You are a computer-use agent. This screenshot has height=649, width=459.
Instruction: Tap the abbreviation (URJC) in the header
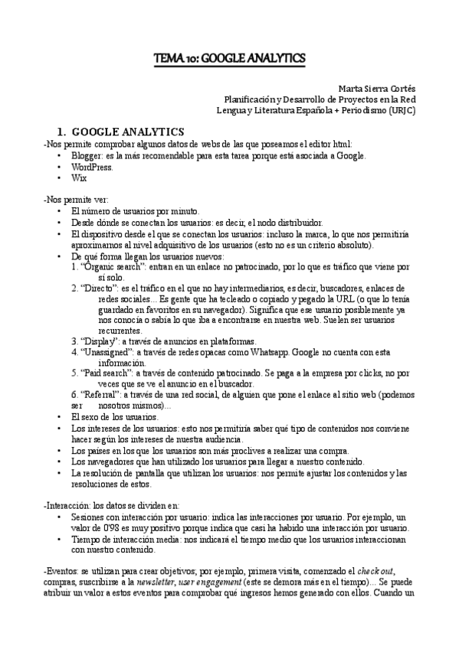[401, 109]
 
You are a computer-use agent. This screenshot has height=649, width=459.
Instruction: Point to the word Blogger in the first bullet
[85, 155]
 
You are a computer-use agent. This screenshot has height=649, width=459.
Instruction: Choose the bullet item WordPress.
[92, 166]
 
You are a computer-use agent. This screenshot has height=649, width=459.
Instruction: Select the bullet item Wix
[79, 177]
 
